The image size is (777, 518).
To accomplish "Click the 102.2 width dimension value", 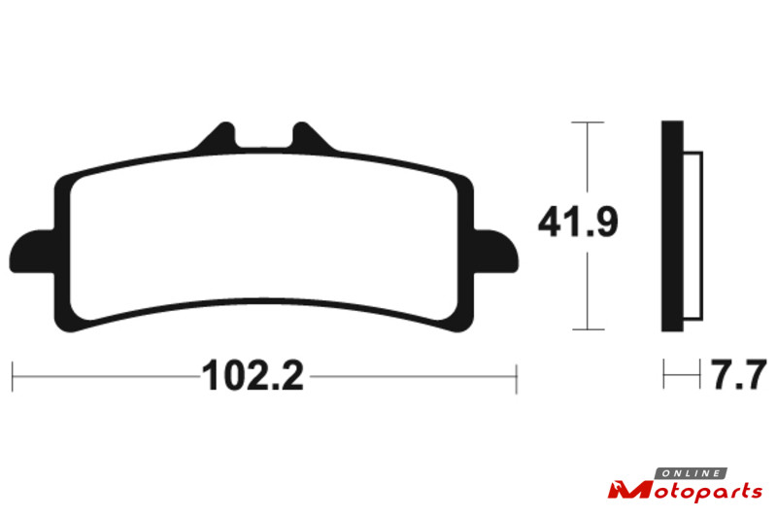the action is tap(253, 376).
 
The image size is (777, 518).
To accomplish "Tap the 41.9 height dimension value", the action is tap(578, 223).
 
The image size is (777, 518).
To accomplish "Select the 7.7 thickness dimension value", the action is tap(739, 375).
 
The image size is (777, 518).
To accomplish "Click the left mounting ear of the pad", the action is tap(32, 252).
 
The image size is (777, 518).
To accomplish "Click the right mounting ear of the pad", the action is tap(496, 252).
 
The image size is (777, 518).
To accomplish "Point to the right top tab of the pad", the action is tap(311, 136).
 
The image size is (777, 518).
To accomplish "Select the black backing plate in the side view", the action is tap(672, 226).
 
